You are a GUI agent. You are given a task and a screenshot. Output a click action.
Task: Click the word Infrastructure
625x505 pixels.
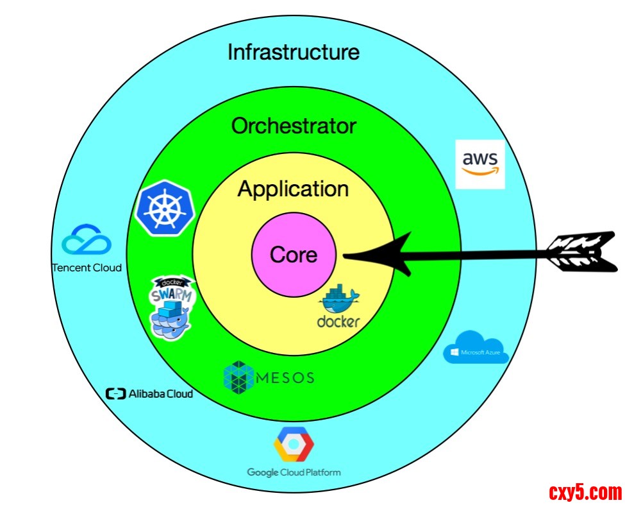294,52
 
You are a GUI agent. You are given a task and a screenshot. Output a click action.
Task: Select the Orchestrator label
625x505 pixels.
293,126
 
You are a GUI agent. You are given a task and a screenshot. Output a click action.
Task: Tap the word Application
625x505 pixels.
293,189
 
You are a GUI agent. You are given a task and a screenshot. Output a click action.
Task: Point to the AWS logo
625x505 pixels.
479,164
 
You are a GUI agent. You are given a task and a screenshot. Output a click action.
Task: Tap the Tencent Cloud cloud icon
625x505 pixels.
87,240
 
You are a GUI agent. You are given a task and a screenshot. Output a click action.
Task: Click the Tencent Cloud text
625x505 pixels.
87,268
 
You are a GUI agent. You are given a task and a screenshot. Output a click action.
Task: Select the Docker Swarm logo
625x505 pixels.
171,307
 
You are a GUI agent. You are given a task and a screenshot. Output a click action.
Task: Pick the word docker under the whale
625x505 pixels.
338,321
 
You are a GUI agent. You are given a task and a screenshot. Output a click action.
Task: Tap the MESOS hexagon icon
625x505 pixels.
238,377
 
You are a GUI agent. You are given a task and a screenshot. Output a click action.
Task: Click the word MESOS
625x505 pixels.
285,377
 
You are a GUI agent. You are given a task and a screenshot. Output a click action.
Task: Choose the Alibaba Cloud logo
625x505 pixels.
149,393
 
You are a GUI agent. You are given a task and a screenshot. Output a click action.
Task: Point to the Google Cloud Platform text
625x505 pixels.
294,472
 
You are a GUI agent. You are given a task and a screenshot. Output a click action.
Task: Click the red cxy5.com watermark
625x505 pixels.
585,492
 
